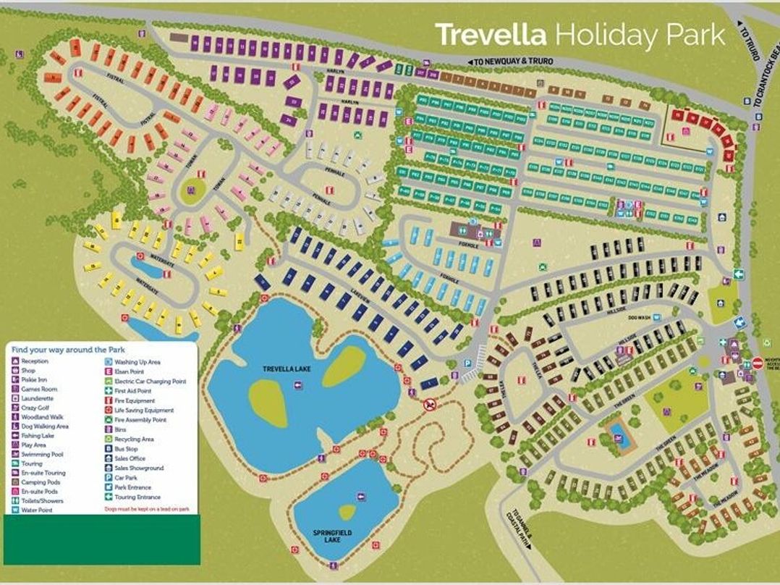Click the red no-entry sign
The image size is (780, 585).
[x=758, y=362]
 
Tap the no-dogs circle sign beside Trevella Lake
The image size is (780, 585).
[x=430, y=404]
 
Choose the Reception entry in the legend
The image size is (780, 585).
[x=34, y=361]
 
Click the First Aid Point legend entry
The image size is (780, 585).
[x=134, y=390]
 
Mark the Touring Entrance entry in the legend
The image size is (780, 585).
[x=137, y=497]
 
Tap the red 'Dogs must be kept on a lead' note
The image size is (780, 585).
[x=147, y=509]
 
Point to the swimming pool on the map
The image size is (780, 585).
[x=618, y=432]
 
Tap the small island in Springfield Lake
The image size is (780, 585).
[x=347, y=511]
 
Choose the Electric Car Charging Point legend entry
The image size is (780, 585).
[x=149, y=381]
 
